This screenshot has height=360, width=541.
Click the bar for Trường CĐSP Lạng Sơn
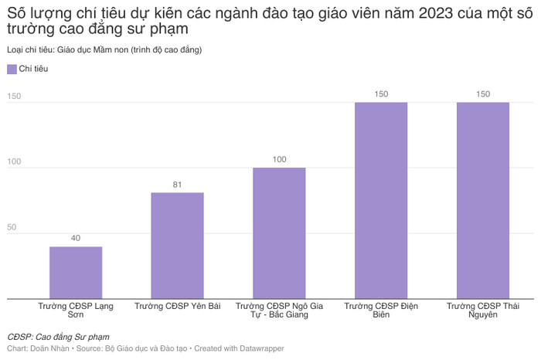pyautogui.click(x=76, y=272)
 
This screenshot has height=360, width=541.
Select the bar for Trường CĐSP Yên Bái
pyautogui.click(x=177, y=245)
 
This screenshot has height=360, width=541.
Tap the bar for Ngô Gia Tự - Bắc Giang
pyautogui.click(x=279, y=233)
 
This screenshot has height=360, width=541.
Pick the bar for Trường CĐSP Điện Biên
pyautogui.click(x=381, y=200)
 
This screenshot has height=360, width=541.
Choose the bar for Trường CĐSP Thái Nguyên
pyautogui.click(x=483, y=200)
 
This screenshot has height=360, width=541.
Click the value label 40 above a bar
pyautogui.click(x=76, y=238)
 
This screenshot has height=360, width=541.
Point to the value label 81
pyautogui.click(x=177, y=185)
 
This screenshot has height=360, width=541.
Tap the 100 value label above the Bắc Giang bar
pyautogui.click(x=279, y=160)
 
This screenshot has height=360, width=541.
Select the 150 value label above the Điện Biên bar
pyautogui.click(x=381, y=94)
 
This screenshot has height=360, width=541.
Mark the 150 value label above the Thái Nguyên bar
pyautogui.click(x=483, y=94)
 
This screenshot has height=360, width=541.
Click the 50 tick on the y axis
pyautogui.click(x=13, y=227)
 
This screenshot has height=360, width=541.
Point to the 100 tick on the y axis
pyautogui.click(x=15, y=161)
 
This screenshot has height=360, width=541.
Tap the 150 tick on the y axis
pyautogui.click(x=15, y=96)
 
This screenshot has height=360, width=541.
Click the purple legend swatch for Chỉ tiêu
pyautogui.click(x=12, y=70)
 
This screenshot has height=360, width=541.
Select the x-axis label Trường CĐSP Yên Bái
pyautogui.click(x=177, y=307)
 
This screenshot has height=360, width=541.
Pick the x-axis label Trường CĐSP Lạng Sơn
pyautogui.click(x=76, y=311)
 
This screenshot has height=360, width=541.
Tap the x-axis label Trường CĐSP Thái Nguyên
pyautogui.click(x=483, y=311)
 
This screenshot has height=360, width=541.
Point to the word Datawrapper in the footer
pyautogui.click(x=260, y=349)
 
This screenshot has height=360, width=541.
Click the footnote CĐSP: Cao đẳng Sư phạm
pyautogui.click(x=58, y=337)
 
